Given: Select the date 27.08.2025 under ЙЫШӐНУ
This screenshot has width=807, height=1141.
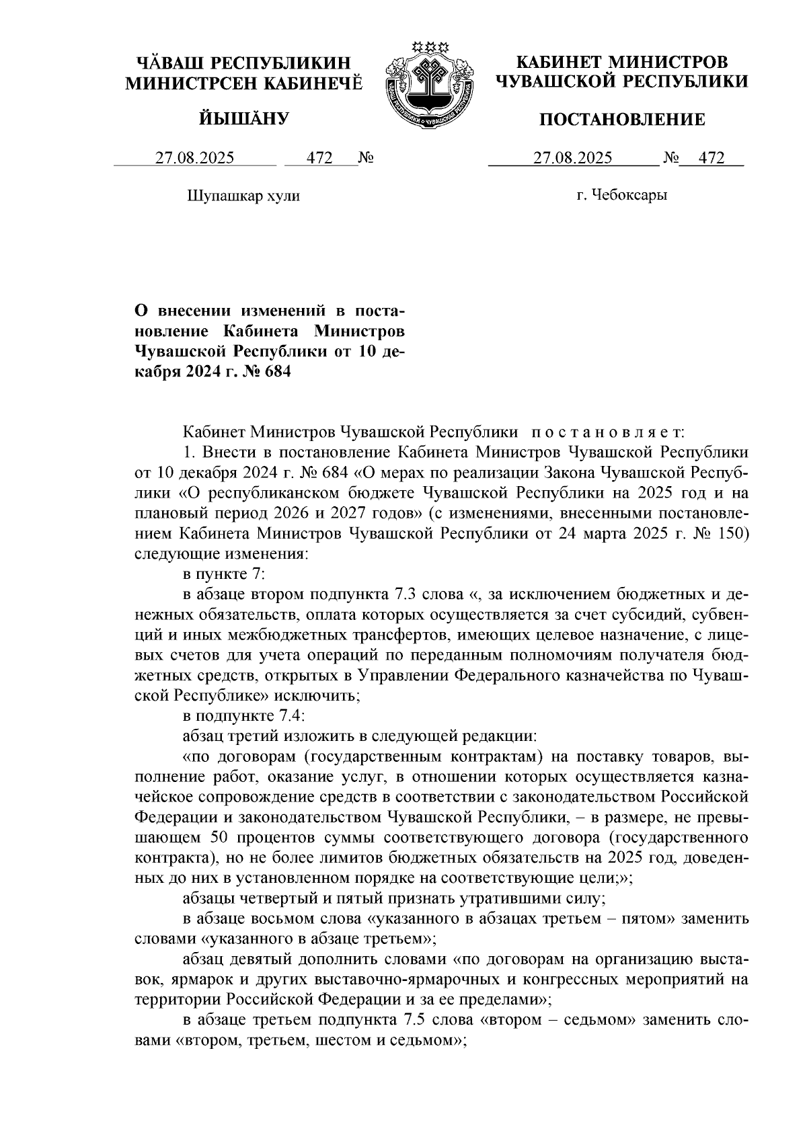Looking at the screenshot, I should (195, 159).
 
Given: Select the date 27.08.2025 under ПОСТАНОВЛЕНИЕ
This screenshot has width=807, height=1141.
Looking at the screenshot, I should (573, 159).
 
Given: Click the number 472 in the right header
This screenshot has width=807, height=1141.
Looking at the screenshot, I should (712, 159).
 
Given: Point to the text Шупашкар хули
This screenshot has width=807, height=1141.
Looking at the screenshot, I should (241, 196).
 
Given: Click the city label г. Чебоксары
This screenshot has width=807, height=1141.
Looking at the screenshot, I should (621, 196).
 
